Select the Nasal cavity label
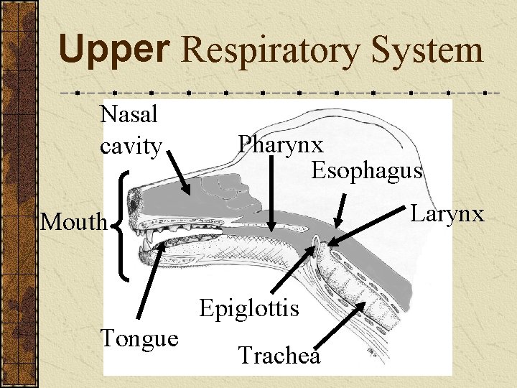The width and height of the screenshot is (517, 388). pos(130,129)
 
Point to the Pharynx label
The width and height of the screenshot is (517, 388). pos(281,144)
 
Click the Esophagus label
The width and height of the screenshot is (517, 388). pos(367,170)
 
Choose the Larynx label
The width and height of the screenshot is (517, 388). pos(447,213)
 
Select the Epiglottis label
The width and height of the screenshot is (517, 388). pos(248,308)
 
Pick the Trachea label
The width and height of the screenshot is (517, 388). pos(279,355)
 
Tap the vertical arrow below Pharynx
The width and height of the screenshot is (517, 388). pos(272,193)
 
